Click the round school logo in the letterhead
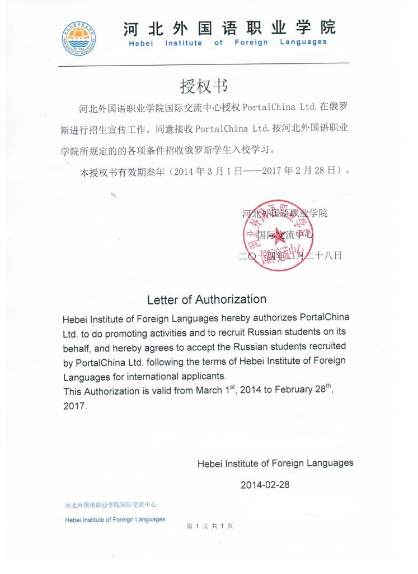78,37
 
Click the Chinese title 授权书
204,86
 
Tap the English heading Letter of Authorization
206,299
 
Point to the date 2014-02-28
265,485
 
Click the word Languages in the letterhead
303,43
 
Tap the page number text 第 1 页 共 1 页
209,526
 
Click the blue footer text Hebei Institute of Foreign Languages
115,519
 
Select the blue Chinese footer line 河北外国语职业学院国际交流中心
111,505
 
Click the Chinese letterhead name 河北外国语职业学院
229,27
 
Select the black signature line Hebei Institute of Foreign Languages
275,463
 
